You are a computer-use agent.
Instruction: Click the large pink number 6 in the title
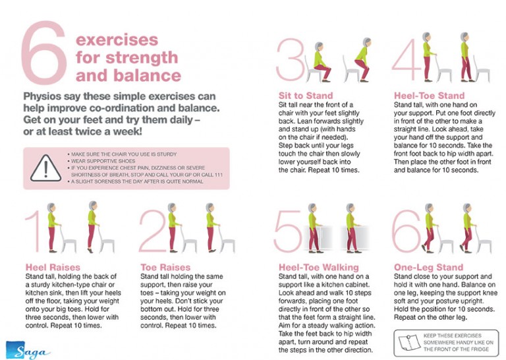point(43,53)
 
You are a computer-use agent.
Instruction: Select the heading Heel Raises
point(52,267)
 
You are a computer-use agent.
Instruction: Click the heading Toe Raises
point(166,267)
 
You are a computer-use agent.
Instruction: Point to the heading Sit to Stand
point(306,96)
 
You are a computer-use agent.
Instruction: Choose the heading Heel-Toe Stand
point(429,96)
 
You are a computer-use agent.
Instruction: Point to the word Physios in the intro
point(45,96)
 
